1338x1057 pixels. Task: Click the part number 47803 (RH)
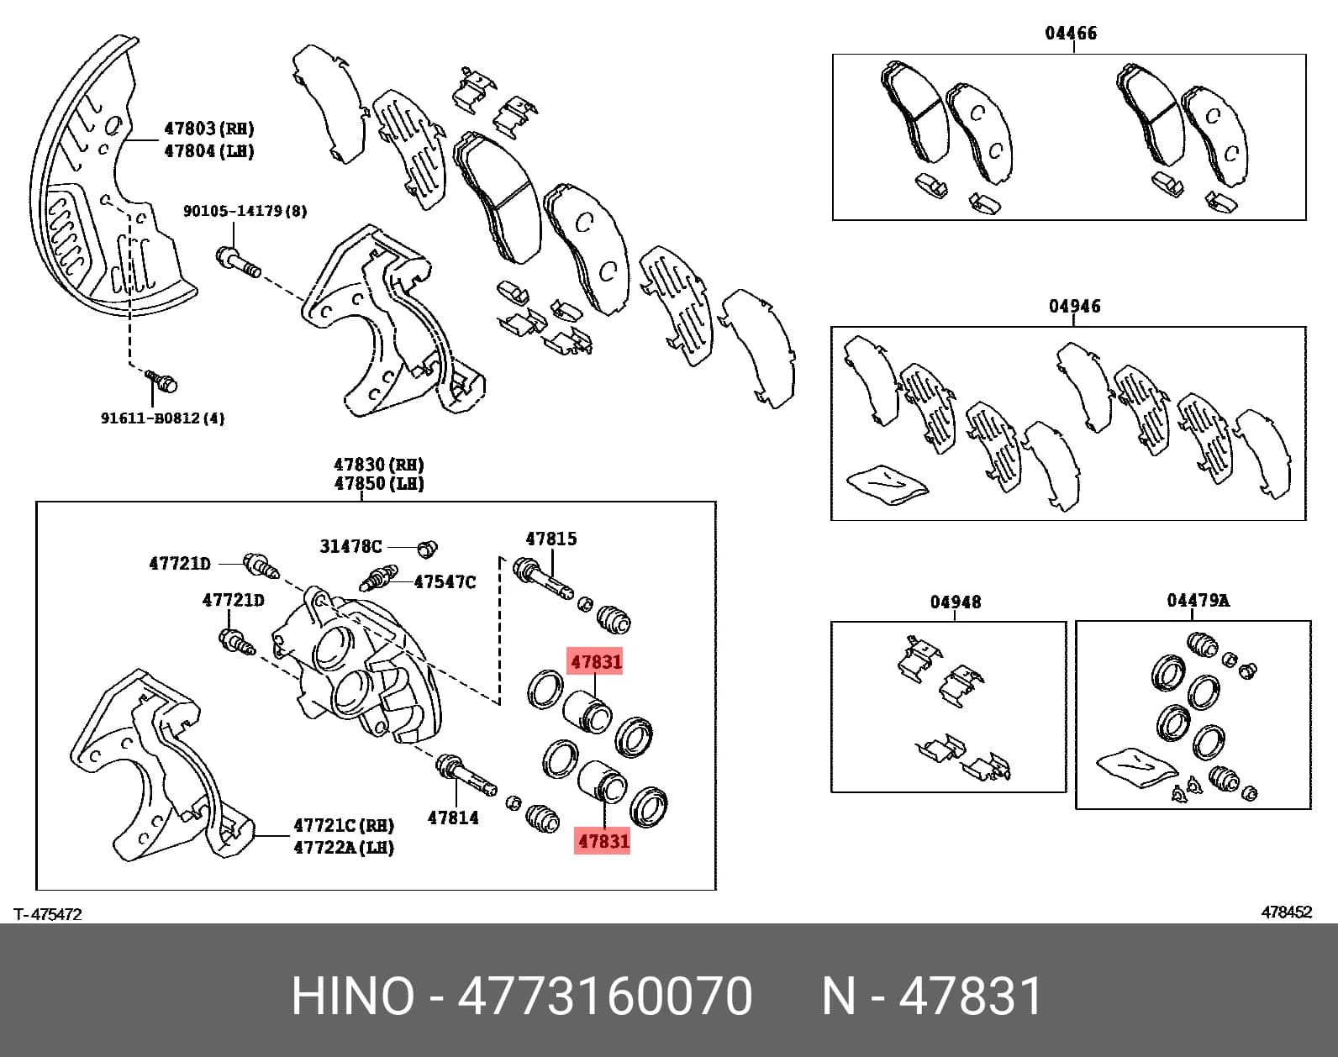[209, 129]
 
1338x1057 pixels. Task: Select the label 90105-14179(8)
[245, 211]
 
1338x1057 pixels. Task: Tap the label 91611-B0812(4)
[163, 418]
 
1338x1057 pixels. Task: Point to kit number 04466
[1071, 32]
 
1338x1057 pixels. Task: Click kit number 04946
[1074, 306]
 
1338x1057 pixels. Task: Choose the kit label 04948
[956, 602]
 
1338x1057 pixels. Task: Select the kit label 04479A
[1198, 601]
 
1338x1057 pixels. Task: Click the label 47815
[551, 539]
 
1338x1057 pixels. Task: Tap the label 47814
[453, 818]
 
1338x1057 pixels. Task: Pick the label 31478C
[350, 546]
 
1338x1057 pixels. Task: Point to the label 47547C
[445, 582]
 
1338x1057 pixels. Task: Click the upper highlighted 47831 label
[595, 661]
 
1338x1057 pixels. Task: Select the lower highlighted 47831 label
[603, 841]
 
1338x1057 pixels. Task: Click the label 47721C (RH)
[344, 826]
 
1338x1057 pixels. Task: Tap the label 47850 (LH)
[379, 483]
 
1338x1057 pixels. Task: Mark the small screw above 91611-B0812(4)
[161, 381]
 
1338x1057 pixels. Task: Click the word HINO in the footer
[352, 996]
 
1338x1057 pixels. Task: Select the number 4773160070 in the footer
[605, 996]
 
